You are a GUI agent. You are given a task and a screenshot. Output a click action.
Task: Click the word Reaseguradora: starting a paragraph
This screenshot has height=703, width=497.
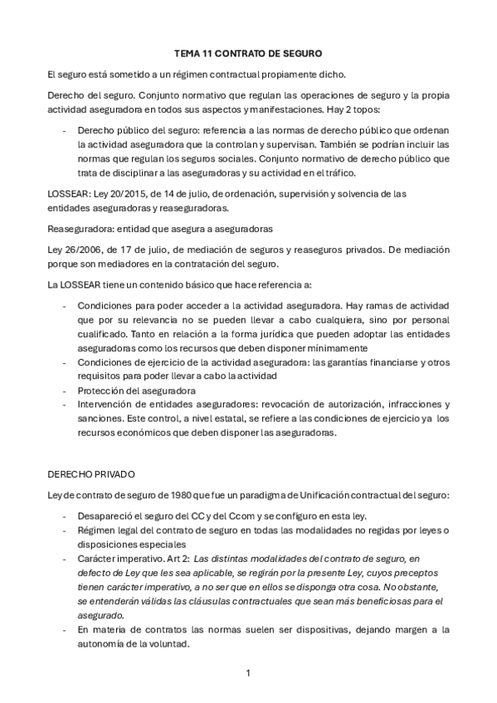click(82, 228)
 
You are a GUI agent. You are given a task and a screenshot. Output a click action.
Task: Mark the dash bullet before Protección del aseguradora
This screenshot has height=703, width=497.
click(66, 390)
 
